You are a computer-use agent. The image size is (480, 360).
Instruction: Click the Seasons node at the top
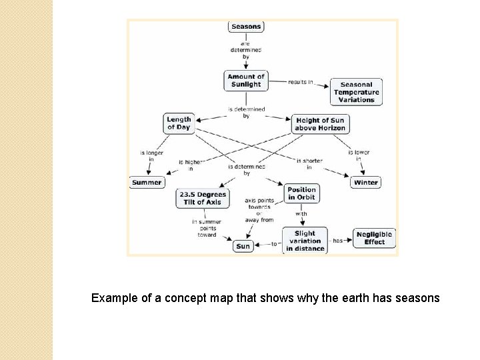point(246,27)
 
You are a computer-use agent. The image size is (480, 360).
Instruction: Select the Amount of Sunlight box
point(246,81)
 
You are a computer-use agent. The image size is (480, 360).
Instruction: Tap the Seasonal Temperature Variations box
point(357,93)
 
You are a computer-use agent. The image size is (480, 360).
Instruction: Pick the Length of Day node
point(179,123)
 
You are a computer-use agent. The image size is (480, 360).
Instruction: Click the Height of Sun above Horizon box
point(321,124)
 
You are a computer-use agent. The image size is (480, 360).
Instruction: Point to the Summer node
point(147,182)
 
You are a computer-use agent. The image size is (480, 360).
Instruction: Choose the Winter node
point(365,182)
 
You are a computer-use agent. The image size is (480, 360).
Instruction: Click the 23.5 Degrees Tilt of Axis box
point(203,198)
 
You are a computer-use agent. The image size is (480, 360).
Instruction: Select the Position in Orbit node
point(301,193)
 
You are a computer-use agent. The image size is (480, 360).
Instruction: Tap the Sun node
point(243,246)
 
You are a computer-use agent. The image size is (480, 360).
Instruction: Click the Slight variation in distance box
point(305,241)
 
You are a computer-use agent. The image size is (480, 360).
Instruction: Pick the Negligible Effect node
point(375,238)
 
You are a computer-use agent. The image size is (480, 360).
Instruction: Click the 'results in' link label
point(301,82)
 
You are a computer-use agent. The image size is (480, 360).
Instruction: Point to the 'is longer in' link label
point(151,156)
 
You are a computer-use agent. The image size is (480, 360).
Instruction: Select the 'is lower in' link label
point(359,156)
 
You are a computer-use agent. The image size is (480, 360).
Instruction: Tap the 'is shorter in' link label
point(309,164)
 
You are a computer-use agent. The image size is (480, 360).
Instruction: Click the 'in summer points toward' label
point(207,228)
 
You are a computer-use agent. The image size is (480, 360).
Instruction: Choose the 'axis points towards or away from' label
point(259,209)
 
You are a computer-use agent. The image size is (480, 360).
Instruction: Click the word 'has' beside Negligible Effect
point(338,241)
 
